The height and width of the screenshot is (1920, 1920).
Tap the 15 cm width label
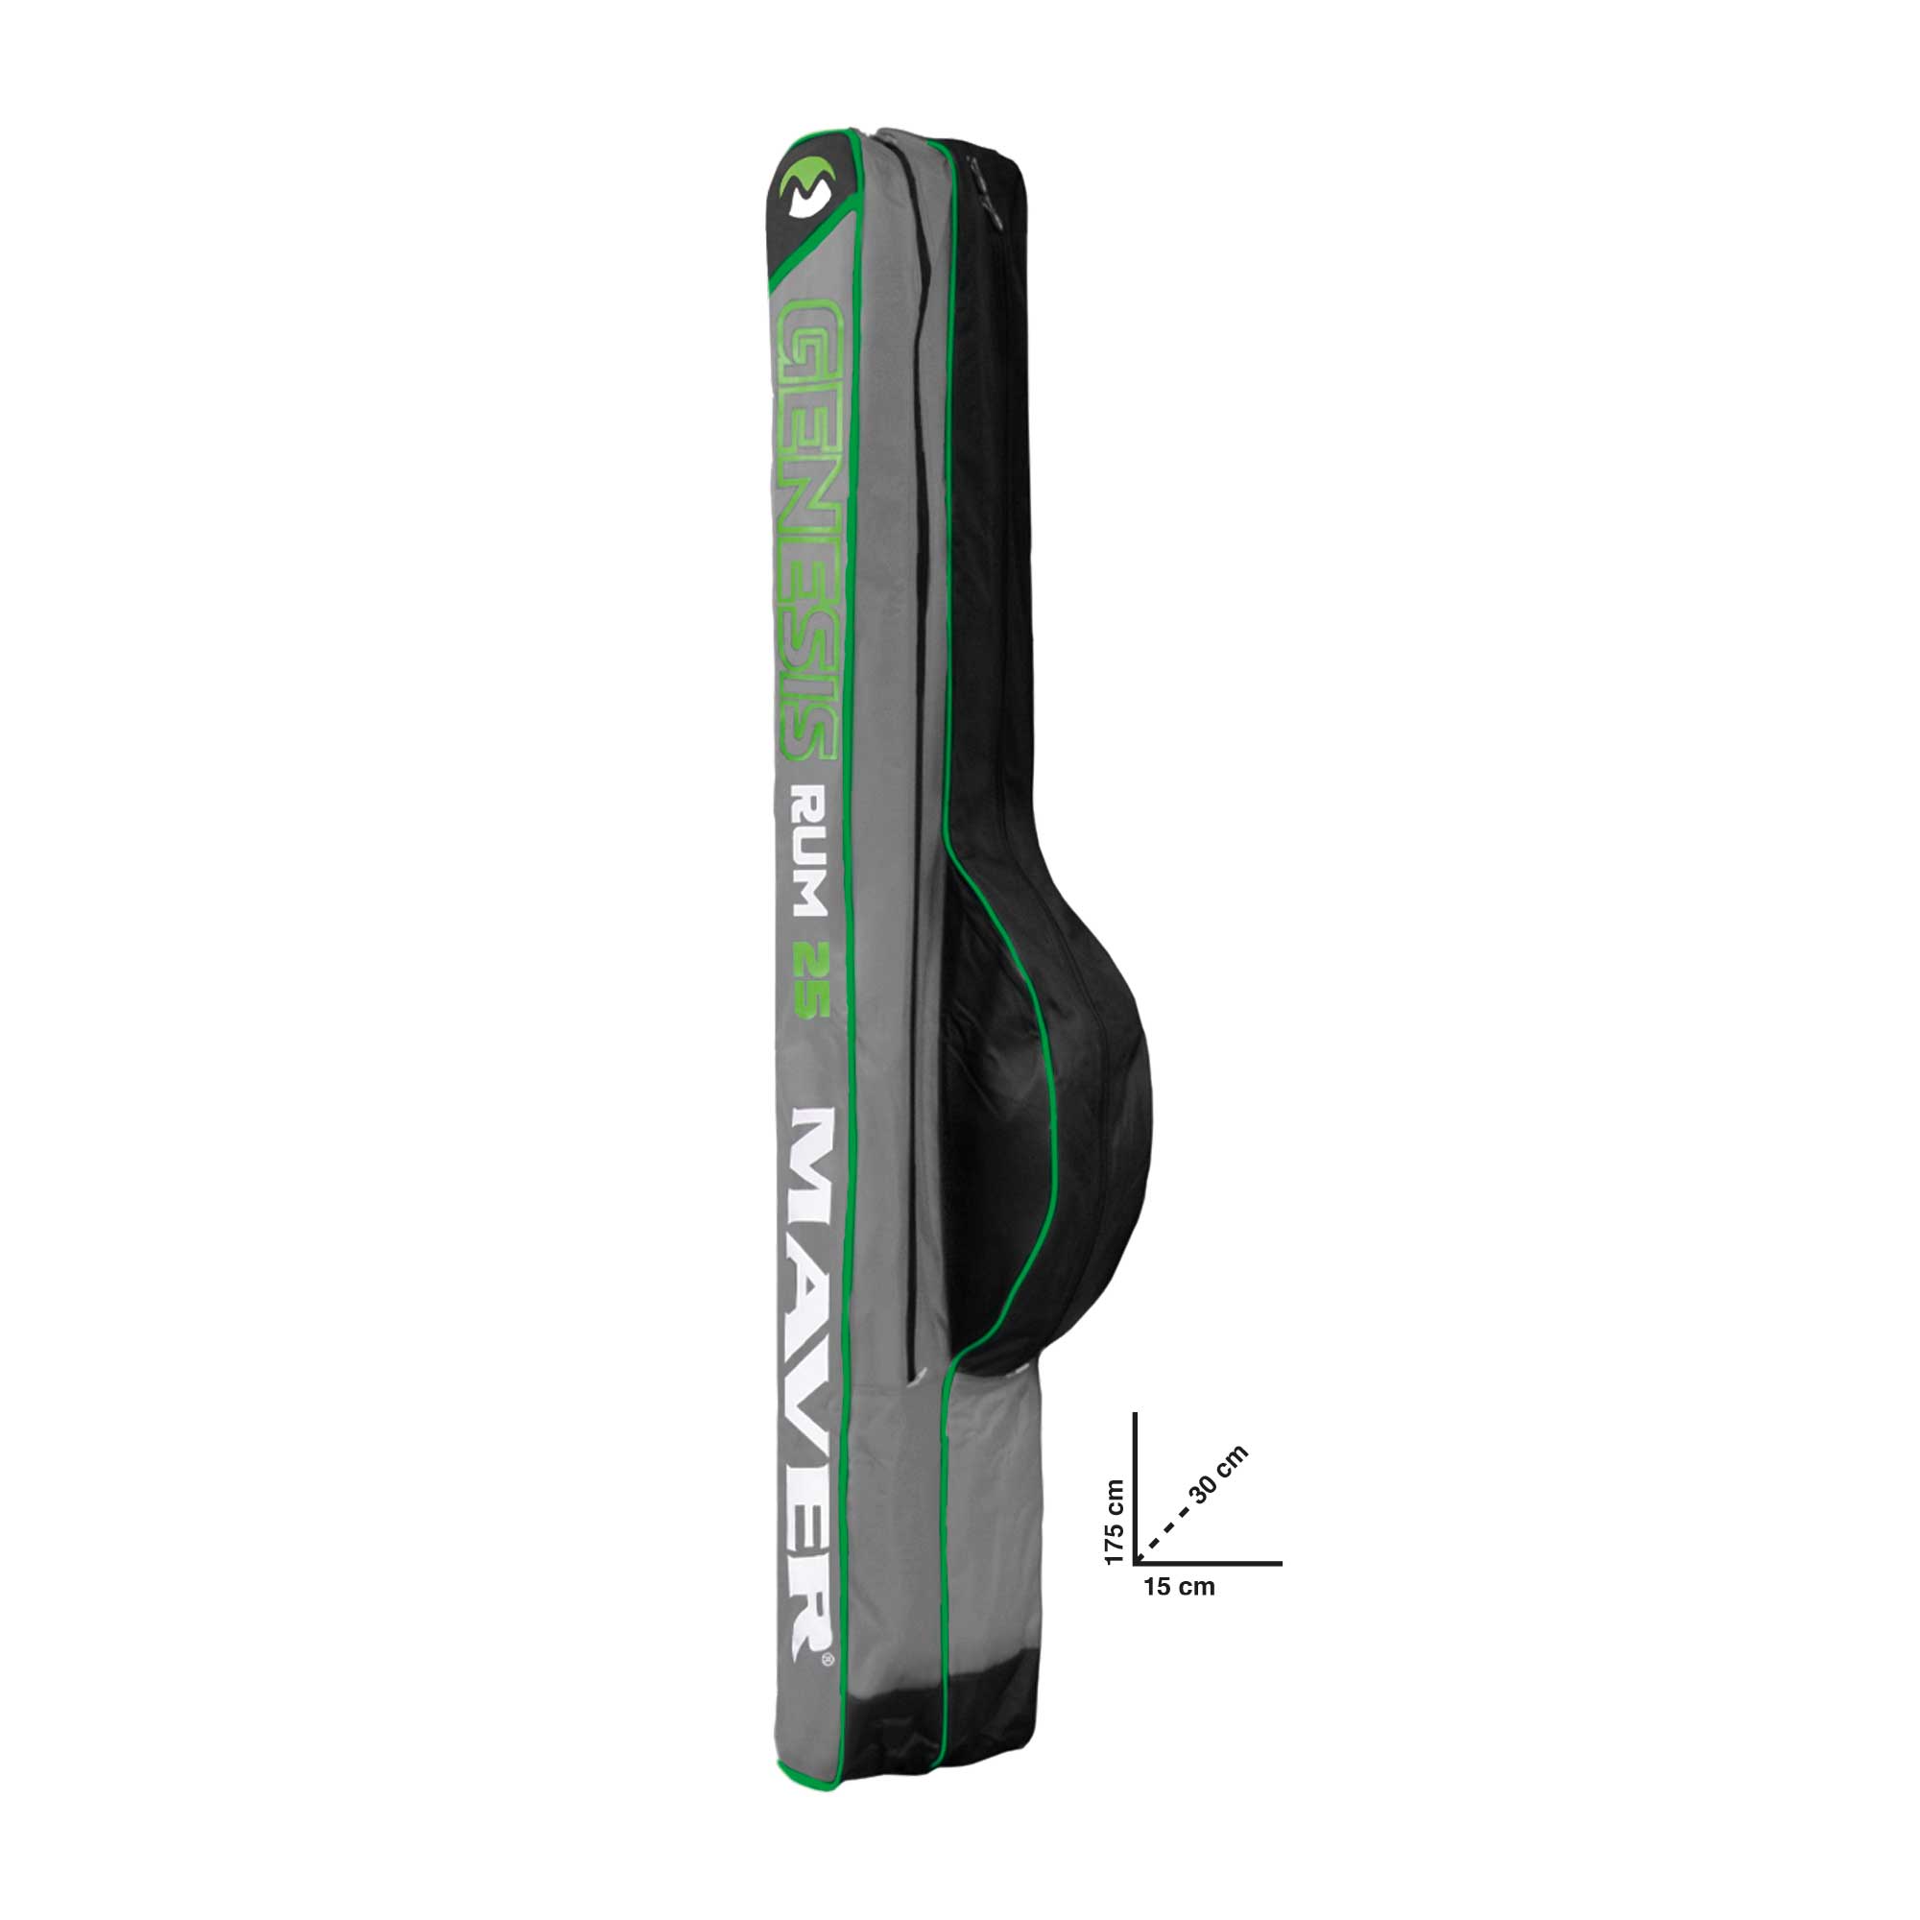coord(1179,1614)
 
